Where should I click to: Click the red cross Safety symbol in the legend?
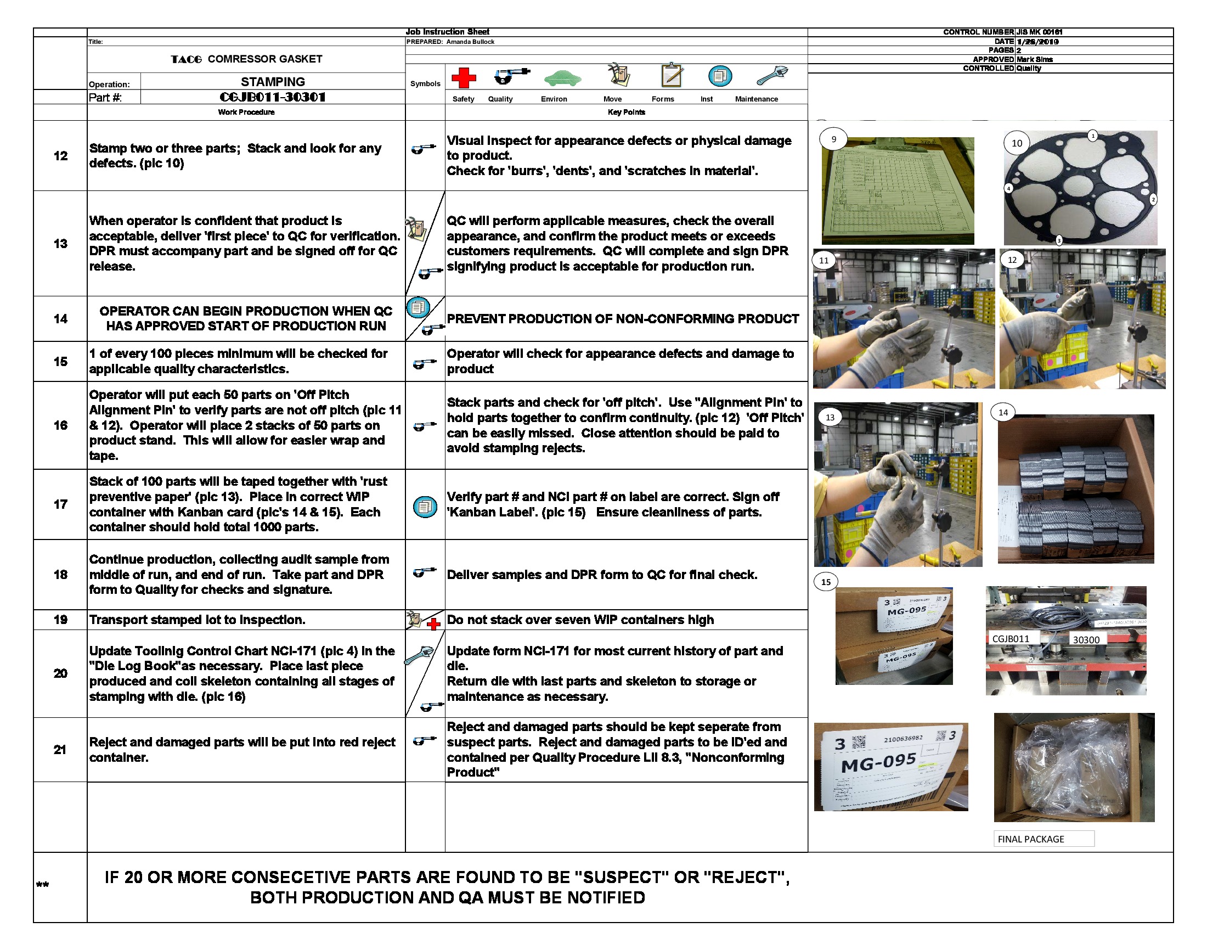[x=463, y=77]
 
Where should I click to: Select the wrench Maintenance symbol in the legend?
[x=771, y=75]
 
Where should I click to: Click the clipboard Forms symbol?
[x=672, y=75]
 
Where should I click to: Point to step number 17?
[x=60, y=504]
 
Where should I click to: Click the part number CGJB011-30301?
[x=273, y=97]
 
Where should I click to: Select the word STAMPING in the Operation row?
[x=273, y=82]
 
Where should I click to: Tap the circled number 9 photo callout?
[x=833, y=139]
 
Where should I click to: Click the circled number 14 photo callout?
[x=1003, y=412]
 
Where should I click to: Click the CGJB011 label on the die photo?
[x=1010, y=638]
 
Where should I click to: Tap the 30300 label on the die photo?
[x=1086, y=639]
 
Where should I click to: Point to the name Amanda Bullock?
[x=470, y=42]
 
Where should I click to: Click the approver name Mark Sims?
[x=1035, y=59]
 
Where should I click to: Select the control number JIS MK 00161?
[x=1039, y=32]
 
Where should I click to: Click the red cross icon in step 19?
[x=434, y=624]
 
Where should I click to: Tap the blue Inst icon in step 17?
[x=425, y=507]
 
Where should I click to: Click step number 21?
[x=60, y=750]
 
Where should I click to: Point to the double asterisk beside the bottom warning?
[x=43, y=885]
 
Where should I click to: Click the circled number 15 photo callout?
[x=826, y=582]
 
